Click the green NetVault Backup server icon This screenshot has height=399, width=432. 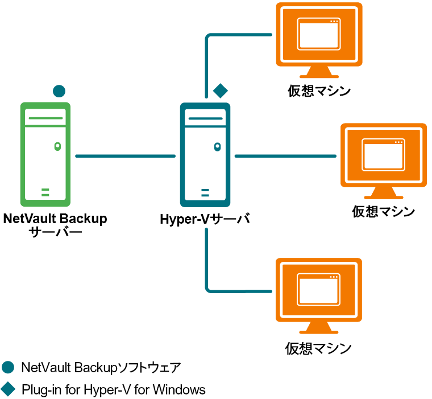point(45,154)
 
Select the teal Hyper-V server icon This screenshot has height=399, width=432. point(205,155)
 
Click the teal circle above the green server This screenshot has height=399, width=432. point(59,91)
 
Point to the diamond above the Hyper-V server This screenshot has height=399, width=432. point(220,90)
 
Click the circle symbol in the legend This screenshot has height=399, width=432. point(8,367)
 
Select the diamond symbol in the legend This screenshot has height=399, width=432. point(8,390)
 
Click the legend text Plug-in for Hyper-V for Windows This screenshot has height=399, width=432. point(113,390)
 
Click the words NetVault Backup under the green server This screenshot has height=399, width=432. point(55,219)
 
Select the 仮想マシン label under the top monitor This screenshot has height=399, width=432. point(318,91)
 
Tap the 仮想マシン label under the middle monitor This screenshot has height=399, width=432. point(383,212)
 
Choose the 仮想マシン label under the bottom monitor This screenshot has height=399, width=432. point(318,348)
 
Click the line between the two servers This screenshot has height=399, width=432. point(125,155)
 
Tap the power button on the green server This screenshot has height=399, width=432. point(57,146)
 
